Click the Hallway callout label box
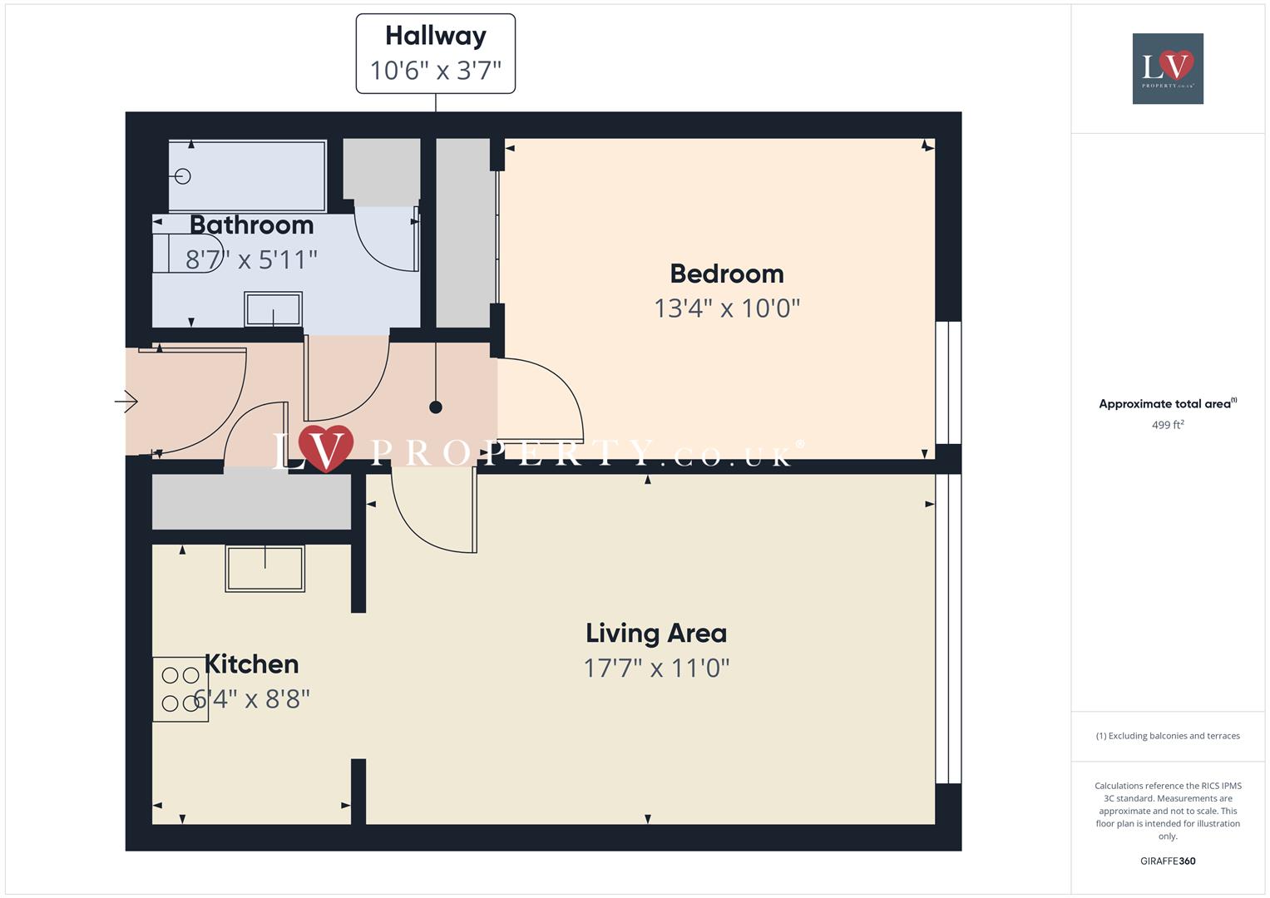[x=435, y=53]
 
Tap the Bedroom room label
[x=726, y=274]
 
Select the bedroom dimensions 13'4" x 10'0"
[x=726, y=308]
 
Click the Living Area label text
[x=655, y=634]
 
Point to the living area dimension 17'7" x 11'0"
[x=655, y=668]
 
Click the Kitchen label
[x=251, y=664]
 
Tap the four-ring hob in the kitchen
[x=180, y=689]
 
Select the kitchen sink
[x=264, y=569]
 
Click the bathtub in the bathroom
[x=247, y=176]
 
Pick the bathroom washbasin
[x=273, y=309]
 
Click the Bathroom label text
[x=251, y=225]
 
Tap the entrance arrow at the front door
[x=126, y=402]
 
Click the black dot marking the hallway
[x=435, y=407]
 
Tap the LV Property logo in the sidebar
[x=1167, y=68]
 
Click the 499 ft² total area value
[x=1167, y=425]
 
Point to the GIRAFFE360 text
[x=1167, y=861]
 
